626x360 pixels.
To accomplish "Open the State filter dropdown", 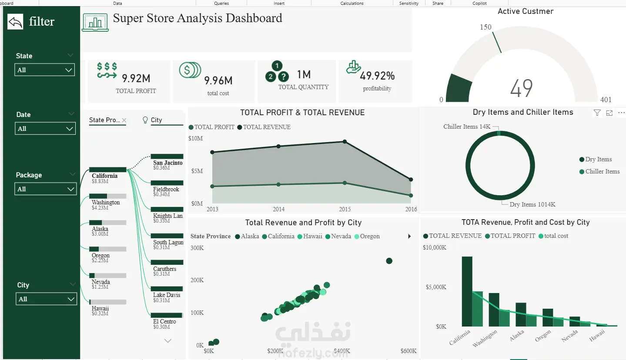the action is (x=44, y=70).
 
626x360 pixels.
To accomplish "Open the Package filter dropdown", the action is (x=45, y=189).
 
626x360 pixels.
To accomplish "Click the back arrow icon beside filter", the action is (x=15, y=22).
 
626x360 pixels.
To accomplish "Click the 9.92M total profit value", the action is (x=136, y=79).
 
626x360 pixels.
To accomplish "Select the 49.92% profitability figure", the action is (x=377, y=76).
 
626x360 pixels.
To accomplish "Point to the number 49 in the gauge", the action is (x=521, y=88).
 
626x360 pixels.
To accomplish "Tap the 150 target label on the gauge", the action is (x=485, y=27).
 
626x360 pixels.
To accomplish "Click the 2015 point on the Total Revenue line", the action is (x=345, y=142).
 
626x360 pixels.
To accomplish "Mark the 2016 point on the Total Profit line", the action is (x=411, y=196).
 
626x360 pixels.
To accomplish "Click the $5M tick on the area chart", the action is (x=197, y=171).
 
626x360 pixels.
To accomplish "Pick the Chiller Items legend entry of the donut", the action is (x=599, y=171).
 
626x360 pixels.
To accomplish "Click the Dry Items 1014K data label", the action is (x=532, y=204).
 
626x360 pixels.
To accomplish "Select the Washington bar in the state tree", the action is (x=107, y=196).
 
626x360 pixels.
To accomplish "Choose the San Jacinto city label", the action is (x=167, y=163).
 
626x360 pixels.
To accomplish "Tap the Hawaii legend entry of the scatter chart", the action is (x=310, y=236).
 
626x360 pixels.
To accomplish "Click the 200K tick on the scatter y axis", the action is (x=197, y=280).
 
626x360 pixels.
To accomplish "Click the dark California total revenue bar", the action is (x=467, y=291).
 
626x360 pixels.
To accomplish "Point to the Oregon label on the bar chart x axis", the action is (x=543, y=335).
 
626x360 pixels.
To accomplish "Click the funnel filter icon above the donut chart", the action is (x=597, y=113).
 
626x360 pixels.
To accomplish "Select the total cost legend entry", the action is (x=553, y=236).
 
